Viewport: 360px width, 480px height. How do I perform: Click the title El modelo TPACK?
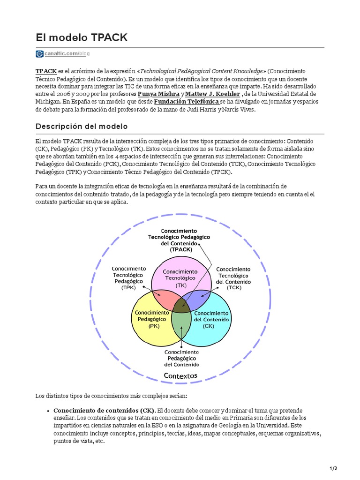tap(81, 37)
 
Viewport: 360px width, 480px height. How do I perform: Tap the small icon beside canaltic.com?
tap(39, 54)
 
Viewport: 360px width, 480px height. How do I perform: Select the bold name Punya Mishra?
tap(158, 93)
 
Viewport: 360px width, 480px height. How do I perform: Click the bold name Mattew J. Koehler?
tap(207, 93)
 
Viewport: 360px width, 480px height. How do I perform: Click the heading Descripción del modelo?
tap(81, 127)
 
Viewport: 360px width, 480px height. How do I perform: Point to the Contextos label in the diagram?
tap(180, 375)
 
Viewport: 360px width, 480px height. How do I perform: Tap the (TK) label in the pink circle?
tap(181, 285)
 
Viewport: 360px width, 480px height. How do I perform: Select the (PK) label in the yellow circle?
tap(154, 325)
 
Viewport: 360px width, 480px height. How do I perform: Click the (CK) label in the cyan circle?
tap(209, 326)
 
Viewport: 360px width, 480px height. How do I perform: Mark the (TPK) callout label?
tap(128, 288)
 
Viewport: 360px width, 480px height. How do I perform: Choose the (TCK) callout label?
tap(233, 288)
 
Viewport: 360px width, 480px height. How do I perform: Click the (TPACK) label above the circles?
tap(181, 250)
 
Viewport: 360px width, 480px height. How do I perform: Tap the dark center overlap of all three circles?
tap(181, 305)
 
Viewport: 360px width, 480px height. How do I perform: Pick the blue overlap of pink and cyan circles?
tap(197, 298)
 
